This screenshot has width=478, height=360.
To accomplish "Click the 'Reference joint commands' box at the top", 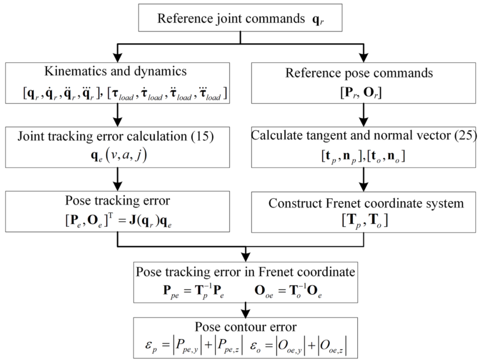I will click(x=240, y=19).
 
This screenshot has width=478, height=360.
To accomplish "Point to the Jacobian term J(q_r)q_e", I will click(x=151, y=221).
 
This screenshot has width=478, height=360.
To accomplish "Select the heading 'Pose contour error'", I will click(x=245, y=327).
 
